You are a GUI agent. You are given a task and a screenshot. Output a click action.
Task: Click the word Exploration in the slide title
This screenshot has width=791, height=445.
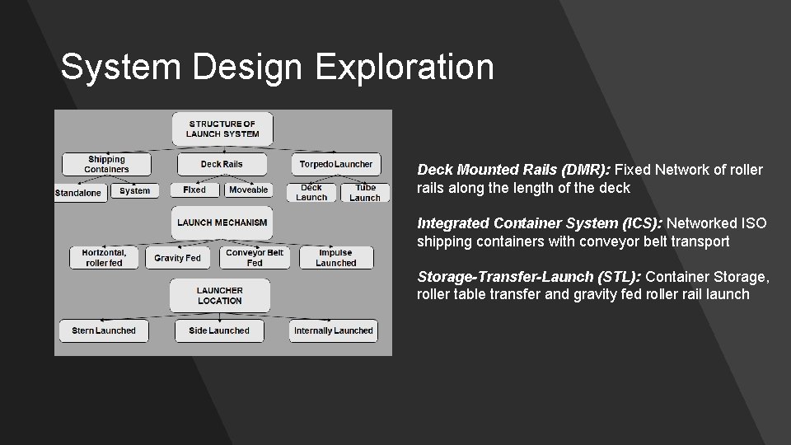(x=405, y=67)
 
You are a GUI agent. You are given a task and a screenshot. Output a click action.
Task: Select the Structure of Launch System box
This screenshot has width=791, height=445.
(x=222, y=129)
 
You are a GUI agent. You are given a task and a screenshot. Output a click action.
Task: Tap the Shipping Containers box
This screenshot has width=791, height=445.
(x=106, y=164)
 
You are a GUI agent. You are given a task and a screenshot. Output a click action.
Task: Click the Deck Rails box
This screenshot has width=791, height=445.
(x=222, y=164)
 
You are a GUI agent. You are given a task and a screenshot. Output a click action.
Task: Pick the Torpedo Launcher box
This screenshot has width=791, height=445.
(x=335, y=164)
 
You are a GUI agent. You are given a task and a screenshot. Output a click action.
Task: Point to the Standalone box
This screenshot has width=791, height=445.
(x=78, y=193)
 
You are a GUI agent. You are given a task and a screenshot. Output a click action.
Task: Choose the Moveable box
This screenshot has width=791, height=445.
(x=248, y=190)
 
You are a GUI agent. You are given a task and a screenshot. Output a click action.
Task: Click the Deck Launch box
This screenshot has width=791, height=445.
(x=311, y=192)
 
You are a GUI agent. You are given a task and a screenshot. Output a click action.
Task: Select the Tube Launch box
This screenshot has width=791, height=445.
(x=365, y=192)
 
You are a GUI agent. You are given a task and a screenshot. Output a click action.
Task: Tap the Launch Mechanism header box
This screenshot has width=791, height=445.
(x=222, y=222)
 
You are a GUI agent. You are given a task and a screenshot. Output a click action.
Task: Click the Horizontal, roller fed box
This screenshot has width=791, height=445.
(x=104, y=258)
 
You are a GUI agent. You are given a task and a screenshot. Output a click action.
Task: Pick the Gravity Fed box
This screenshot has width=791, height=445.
(x=177, y=258)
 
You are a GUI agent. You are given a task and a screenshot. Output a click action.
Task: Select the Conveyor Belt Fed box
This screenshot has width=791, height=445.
(x=255, y=258)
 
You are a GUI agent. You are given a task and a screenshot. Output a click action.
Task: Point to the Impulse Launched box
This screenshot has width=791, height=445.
(x=335, y=258)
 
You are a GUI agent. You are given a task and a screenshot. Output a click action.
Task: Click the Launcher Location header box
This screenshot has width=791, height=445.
(x=220, y=295)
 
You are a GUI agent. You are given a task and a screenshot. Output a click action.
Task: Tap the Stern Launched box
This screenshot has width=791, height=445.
(x=103, y=330)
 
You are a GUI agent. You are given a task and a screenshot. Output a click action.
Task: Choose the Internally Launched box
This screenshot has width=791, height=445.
(x=333, y=330)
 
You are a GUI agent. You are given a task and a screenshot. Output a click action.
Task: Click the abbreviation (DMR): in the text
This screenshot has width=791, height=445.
(x=586, y=170)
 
